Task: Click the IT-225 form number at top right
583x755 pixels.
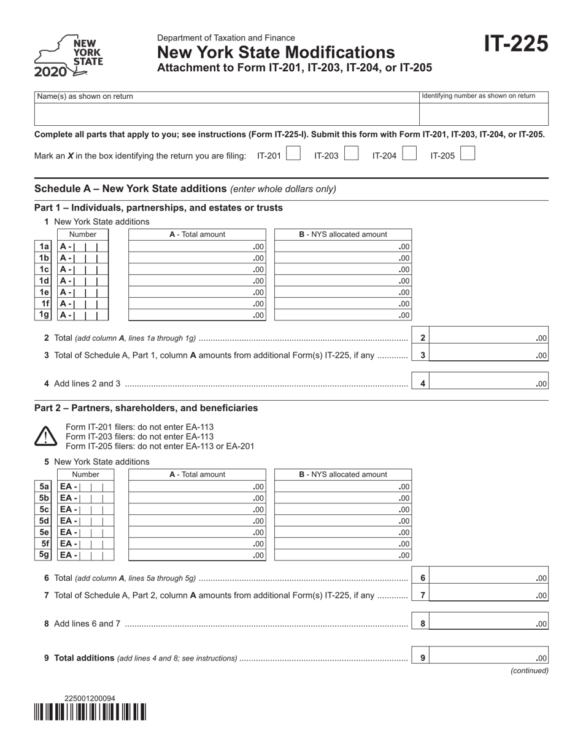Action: (515, 44)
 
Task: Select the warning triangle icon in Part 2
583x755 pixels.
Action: (46, 436)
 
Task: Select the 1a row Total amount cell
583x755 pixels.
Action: (197, 246)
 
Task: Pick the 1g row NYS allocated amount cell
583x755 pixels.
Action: (342, 316)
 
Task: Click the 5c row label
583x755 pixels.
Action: (44, 509)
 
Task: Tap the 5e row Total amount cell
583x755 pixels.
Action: (197, 532)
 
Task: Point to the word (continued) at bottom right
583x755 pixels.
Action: (529, 671)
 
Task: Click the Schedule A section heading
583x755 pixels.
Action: (185, 188)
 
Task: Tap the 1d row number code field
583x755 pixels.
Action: (83, 281)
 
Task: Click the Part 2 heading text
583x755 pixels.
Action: (146, 408)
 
